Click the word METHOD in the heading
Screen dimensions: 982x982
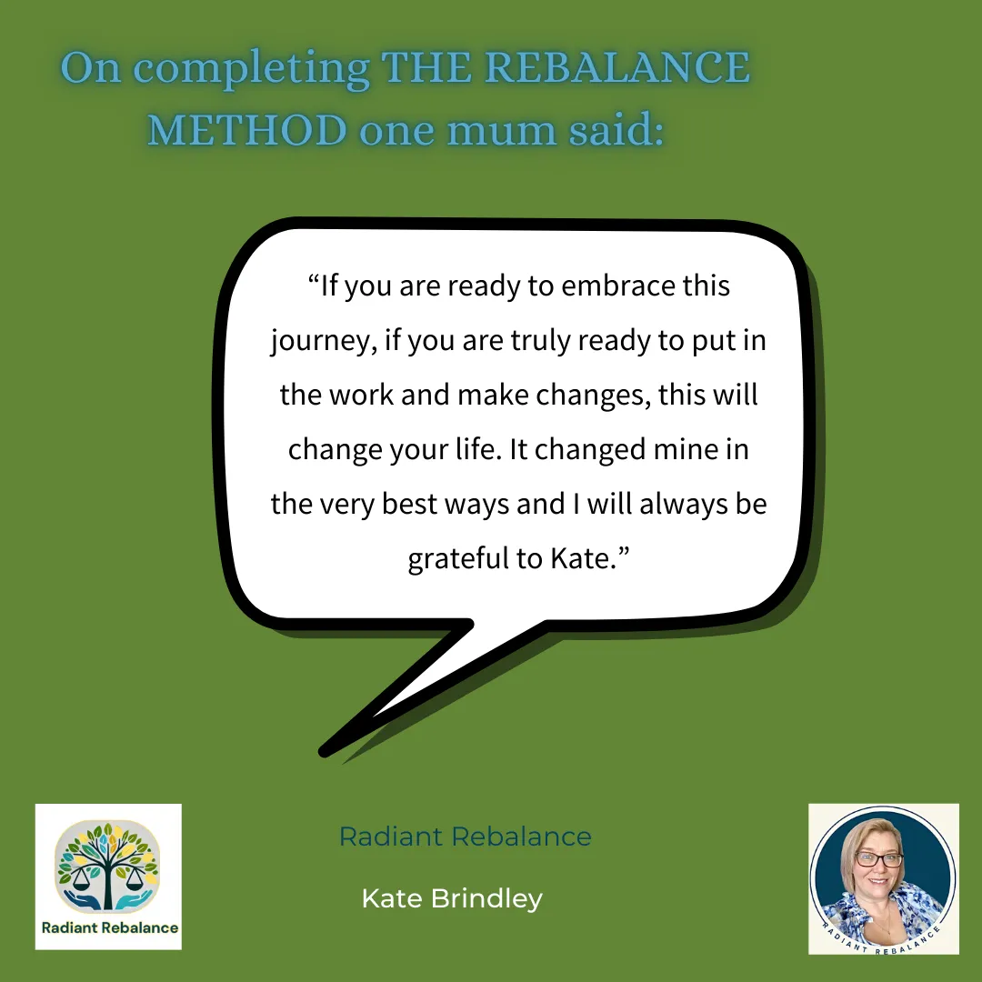246,130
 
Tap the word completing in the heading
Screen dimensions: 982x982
251,69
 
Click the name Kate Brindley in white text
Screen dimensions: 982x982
452,898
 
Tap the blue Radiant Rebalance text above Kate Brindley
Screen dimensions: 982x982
466,837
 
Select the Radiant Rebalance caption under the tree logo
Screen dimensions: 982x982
110,927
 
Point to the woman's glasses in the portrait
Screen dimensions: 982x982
878,860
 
